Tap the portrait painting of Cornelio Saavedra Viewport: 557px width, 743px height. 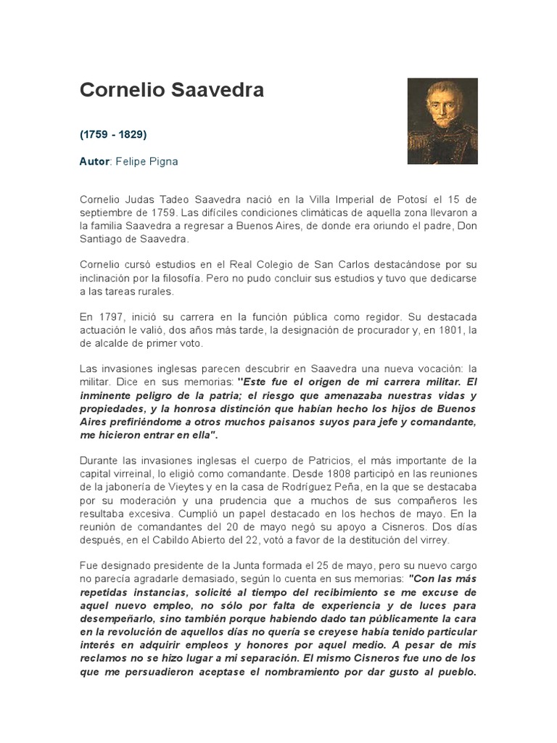pyautogui.click(x=442, y=120)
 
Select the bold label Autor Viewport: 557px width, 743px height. pyautogui.click(x=93, y=162)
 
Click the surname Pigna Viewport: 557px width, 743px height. pyautogui.click(x=163, y=162)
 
